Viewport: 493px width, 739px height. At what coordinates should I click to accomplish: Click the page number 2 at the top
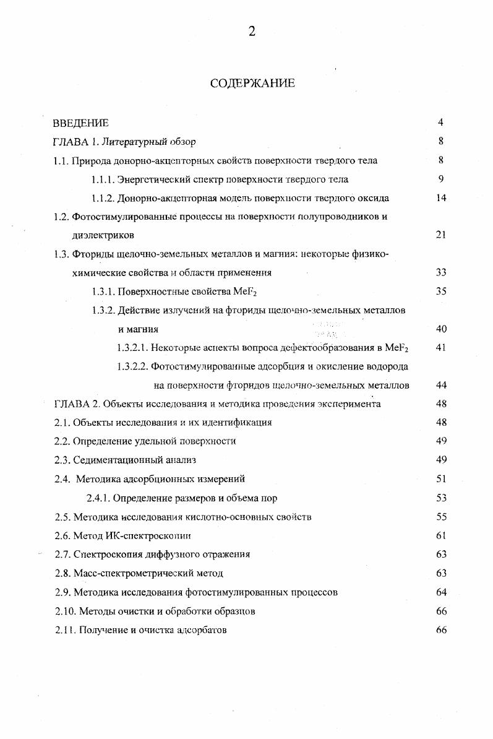[x=252, y=32]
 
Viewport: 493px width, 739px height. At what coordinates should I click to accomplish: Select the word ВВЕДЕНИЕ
[x=81, y=123]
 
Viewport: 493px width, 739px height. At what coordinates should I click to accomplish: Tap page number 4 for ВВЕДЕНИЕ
[x=440, y=123]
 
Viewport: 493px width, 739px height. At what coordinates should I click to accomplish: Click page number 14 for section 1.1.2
[x=440, y=199]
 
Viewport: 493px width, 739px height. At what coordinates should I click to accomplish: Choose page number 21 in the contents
[x=440, y=235]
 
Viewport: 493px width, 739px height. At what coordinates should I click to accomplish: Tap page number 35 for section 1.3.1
[x=440, y=292]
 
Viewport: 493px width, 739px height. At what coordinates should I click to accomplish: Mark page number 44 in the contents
[x=440, y=386]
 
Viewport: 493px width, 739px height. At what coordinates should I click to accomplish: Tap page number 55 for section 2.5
[x=440, y=516]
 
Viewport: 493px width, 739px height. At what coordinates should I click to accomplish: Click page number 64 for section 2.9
[x=440, y=592]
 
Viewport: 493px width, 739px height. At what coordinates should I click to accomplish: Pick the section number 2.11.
[x=64, y=630]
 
